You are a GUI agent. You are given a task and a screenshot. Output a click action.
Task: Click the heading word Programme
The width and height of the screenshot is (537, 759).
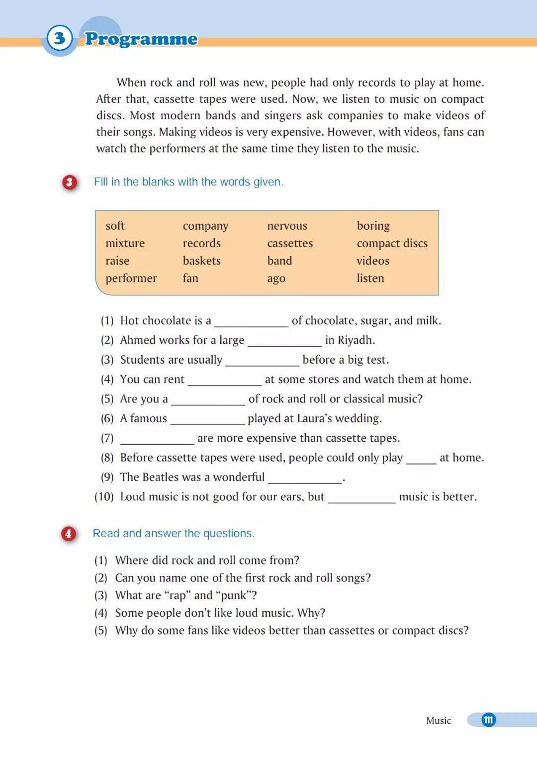click(141, 39)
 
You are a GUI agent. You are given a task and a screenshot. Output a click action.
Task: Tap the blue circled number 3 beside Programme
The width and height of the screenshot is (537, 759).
click(59, 38)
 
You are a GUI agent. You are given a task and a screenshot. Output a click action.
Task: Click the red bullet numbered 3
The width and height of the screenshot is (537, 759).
click(70, 183)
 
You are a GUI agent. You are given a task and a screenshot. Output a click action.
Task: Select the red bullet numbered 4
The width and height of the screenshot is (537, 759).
click(69, 534)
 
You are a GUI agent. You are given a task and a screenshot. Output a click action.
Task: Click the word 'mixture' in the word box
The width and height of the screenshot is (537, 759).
click(125, 243)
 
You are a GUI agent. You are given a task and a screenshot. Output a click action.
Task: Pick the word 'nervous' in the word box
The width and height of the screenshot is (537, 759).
click(287, 226)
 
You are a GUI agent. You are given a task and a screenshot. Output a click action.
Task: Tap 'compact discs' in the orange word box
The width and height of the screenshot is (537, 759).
click(392, 243)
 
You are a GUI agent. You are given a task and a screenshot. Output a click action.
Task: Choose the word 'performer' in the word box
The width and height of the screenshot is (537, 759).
click(131, 278)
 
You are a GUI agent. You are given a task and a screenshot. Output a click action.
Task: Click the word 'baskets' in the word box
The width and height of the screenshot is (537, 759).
click(201, 261)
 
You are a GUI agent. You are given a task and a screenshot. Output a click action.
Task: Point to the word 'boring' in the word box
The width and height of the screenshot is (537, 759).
click(373, 226)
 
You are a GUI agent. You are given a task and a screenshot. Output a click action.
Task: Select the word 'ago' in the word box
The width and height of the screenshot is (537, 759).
click(276, 279)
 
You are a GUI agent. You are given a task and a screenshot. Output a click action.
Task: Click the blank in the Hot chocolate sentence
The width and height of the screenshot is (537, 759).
click(251, 321)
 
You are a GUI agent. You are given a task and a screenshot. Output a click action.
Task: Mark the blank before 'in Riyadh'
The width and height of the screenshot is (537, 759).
click(284, 341)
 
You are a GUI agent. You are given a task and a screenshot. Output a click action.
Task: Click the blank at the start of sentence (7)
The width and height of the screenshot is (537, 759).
click(157, 439)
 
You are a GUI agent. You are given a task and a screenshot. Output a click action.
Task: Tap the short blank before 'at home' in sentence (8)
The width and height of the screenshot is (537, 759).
click(421, 459)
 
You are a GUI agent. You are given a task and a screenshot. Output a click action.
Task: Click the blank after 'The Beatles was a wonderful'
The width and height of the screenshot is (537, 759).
click(305, 478)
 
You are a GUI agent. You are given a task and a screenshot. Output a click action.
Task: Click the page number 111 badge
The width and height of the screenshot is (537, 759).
click(488, 720)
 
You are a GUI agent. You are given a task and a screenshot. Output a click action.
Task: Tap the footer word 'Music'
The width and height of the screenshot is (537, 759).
click(438, 720)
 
